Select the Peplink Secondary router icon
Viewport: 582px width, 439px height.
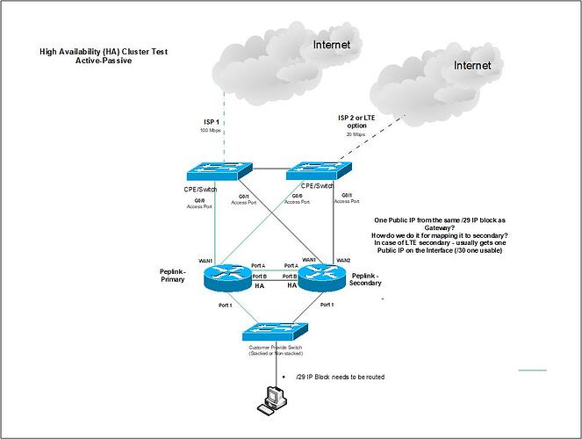pyautogui.click(x=325, y=278)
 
